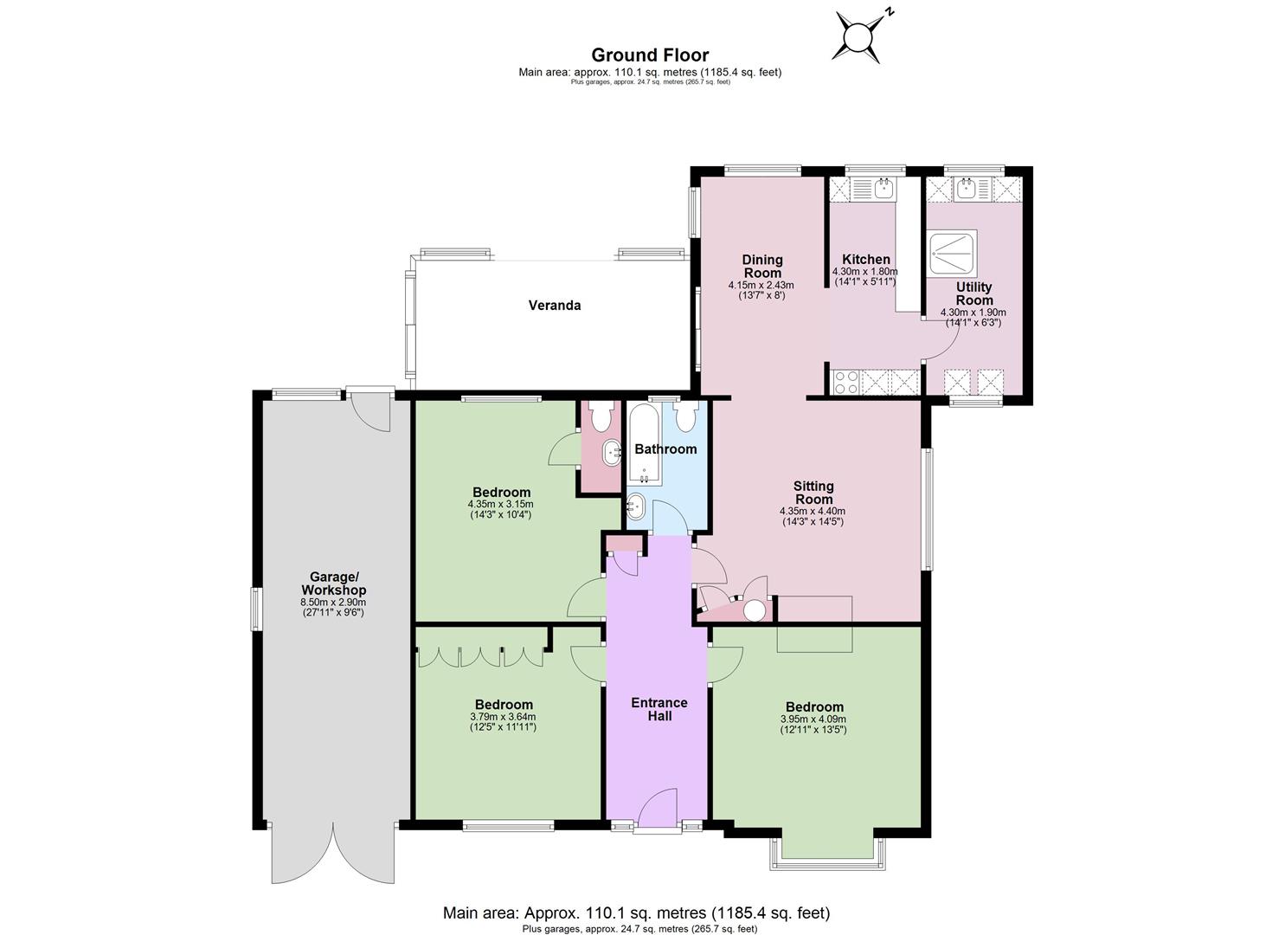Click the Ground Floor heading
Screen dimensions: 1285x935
coord(650,55)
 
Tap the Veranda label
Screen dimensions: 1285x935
coord(554,306)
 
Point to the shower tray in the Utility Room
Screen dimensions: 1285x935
coord(952,253)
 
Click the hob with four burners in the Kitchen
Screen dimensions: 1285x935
coord(846,382)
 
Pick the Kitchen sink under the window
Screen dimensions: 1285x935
coord(884,188)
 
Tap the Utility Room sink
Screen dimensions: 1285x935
coord(967,188)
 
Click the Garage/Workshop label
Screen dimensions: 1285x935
coord(333,584)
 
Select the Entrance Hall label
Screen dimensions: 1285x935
coord(659,709)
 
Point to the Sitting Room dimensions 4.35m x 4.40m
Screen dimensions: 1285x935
coord(813,512)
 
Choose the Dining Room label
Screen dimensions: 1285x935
coord(761,267)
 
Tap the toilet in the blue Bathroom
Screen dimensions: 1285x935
coord(685,416)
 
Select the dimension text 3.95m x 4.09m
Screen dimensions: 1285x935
coord(813,719)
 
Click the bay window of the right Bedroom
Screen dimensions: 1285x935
coord(828,856)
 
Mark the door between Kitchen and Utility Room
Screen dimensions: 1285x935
coord(941,339)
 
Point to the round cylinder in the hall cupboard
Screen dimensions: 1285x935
coord(754,610)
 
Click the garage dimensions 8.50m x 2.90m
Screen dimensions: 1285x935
coord(333,603)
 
